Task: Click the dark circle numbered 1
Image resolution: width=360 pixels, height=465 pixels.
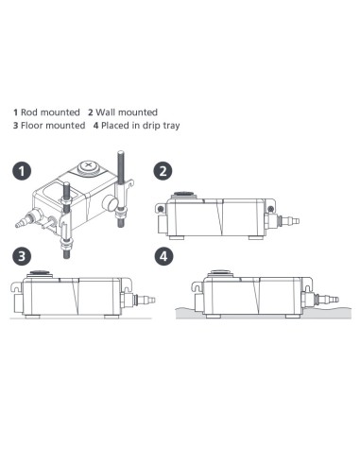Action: coord(22,171)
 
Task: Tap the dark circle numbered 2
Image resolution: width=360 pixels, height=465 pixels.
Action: coord(163,171)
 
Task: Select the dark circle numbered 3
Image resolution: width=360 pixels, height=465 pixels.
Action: coord(22,256)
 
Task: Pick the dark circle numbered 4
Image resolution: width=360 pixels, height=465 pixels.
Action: coord(163,256)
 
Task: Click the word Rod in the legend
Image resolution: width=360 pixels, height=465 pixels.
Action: coord(28,112)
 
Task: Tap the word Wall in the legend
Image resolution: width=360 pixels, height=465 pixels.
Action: coord(105,112)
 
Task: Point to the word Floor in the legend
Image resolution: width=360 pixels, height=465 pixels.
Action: coord(31,126)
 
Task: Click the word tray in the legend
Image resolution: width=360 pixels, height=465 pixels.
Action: coord(171,126)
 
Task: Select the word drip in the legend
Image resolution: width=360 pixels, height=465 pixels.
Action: coord(151,126)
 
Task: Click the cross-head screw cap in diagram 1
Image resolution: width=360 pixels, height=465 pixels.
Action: coord(88,165)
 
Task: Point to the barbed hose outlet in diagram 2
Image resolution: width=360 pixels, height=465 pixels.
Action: coord(287,220)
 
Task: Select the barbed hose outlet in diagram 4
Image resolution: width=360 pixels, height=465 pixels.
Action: coord(327,299)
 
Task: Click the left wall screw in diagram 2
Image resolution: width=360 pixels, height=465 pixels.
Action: coord(161,208)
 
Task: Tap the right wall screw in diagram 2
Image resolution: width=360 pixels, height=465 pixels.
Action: coord(270,208)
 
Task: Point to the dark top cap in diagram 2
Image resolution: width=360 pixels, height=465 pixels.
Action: coord(184,194)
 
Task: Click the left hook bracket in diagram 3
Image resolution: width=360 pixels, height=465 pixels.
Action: coord(16,286)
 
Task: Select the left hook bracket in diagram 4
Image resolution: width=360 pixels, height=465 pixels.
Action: coord(197,286)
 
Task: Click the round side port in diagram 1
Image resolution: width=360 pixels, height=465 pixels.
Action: coord(111,202)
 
